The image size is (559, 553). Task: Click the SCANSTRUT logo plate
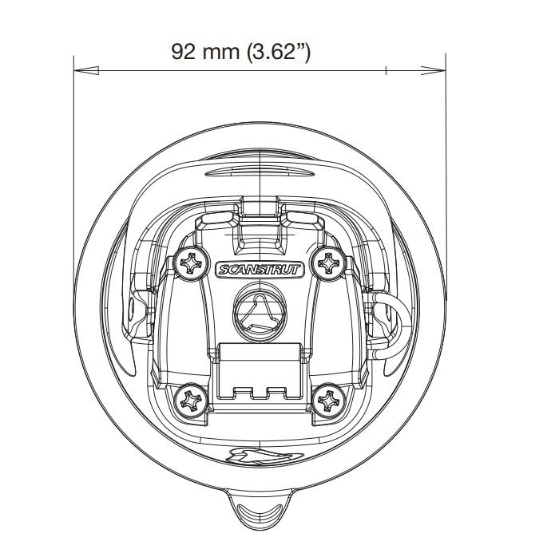[260, 269]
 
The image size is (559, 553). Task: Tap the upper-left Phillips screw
[192, 263]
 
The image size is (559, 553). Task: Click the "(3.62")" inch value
[278, 53]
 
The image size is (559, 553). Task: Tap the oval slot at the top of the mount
[260, 173]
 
